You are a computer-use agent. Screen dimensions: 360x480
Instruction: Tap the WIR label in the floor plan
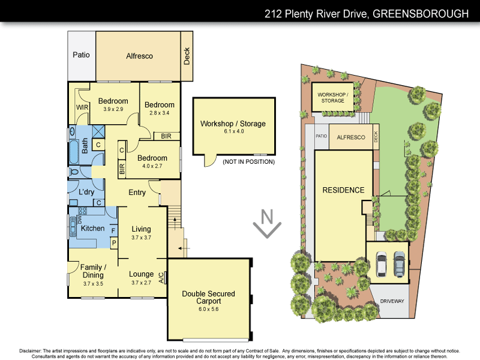82,108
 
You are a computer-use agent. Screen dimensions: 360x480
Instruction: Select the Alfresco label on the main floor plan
139,56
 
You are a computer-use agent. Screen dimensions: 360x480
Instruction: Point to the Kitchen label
93,228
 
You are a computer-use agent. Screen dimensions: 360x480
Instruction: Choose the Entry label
137,193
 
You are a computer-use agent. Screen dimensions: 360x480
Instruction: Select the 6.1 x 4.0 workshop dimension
233,131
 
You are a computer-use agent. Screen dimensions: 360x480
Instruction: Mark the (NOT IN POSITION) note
248,162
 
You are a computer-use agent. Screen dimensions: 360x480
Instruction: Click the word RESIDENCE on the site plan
344,190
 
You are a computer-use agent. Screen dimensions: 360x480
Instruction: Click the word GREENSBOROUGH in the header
420,13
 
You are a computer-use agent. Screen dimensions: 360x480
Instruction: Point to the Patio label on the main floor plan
81,55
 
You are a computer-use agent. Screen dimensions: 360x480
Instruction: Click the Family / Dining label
94,271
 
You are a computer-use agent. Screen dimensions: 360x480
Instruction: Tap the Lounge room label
142,274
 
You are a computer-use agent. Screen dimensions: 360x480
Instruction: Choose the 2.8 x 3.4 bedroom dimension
160,112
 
